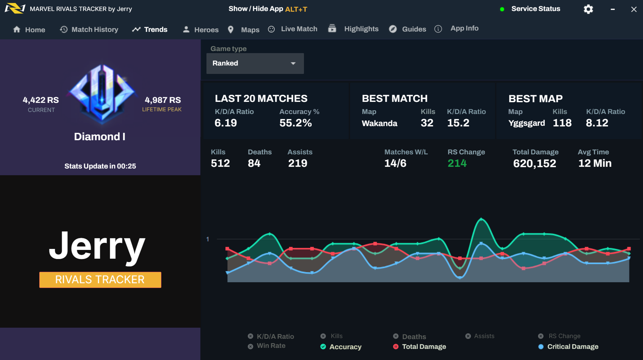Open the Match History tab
tap(89, 30)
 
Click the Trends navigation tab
tap(150, 30)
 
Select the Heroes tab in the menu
tap(201, 30)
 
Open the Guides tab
tap(408, 29)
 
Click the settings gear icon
tap(588, 9)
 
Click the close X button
tap(634, 9)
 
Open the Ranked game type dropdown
tap(255, 63)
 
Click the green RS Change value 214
tap(457, 163)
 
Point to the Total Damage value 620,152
tap(534, 163)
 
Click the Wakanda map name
tap(379, 123)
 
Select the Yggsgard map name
tap(527, 123)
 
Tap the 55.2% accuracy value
tap(295, 123)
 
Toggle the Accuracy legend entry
tap(341, 347)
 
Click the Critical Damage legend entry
tap(568, 347)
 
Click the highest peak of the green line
tap(481, 219)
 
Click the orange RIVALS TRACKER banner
tap(100, 280)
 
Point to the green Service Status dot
tap(502, 9)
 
